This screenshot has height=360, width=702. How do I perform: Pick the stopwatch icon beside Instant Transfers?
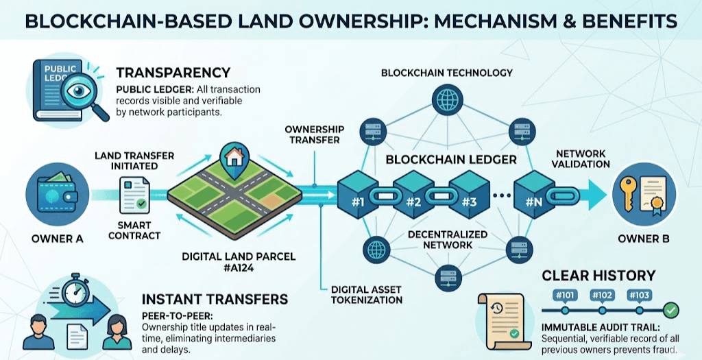pyautogui.click(x=73, y=293)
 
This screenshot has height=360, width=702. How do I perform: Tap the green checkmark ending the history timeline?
pyautogui.click(x=672, y=311)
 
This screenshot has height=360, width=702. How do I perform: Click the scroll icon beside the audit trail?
pyautogui.click(x=500, y=316)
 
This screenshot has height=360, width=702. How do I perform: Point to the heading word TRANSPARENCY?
pyautogui.click(x=173, y=73)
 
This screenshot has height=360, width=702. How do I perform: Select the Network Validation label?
pyautogui.click(x=583, y=159)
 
